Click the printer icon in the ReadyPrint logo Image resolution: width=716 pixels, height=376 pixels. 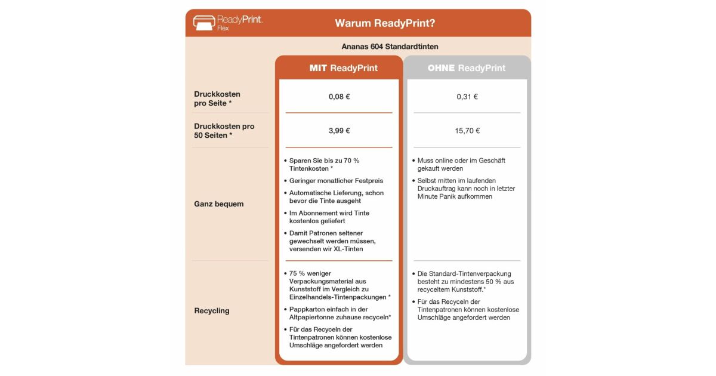pos(203,23)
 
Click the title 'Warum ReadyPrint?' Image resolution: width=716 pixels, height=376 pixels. pos(385,23)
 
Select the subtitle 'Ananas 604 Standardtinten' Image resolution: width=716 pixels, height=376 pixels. pos(394,47)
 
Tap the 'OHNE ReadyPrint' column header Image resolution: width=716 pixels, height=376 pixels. pos(467,68)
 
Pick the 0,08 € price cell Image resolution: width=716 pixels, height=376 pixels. pos(339,97)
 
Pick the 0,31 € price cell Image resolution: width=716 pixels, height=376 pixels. pos(467,97)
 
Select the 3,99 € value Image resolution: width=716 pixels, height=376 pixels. pos(339,131)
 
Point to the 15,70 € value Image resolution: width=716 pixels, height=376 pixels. pos(467,131)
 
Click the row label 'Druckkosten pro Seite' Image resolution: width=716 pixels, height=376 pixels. pos(217,98)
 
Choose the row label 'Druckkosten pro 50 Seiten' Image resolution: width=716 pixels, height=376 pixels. pos(224,131)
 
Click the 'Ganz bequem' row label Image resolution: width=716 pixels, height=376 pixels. pos(218,204)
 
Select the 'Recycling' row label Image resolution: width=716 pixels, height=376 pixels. pos(211,311)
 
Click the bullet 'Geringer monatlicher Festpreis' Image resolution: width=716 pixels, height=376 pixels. pos(336,180)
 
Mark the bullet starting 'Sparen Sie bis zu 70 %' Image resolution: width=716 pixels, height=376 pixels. pos(324,165)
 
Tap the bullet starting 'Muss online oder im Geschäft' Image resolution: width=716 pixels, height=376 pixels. pos(461,165)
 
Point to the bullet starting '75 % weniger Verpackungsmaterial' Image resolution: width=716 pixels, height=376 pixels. pos(339,285)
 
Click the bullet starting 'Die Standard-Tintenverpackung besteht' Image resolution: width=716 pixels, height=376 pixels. pos(465,281)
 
